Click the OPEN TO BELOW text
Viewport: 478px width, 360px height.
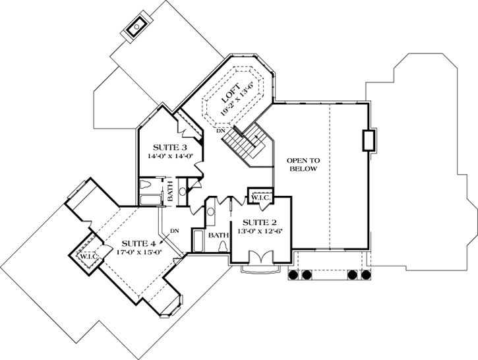[x=303, y=165]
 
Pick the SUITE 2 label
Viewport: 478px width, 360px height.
[x=259, y=222]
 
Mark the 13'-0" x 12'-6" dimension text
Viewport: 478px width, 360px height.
[x=259, y=232]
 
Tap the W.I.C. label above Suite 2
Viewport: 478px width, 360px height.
[x=257, y=195]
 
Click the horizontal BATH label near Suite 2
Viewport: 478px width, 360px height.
[x=218, y=235]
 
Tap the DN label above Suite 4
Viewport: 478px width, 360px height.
[x=174, y=231]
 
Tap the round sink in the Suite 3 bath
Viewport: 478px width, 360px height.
[x=183, y=193]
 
